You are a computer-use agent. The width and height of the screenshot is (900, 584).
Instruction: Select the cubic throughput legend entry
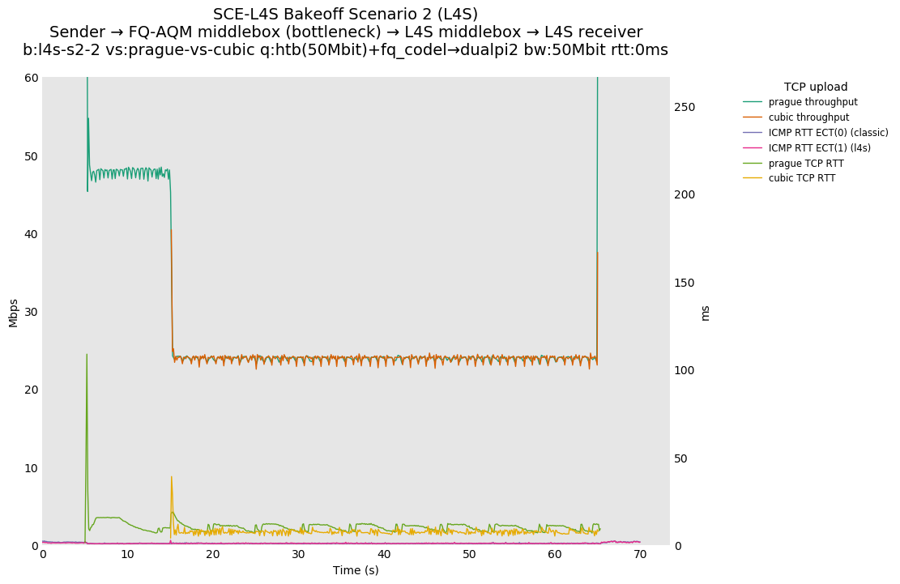coord(808,117)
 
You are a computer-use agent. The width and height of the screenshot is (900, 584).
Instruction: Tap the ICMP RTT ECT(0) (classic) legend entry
coord(828,133)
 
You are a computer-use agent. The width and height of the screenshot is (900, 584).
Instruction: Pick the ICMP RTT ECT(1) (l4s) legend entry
coord(819,148)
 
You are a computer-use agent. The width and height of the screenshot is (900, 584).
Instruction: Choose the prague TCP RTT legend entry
coord(806,164)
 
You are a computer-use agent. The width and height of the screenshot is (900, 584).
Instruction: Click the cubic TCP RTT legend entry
coord(802,178)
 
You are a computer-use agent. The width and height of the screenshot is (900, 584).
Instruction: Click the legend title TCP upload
coord(815,87)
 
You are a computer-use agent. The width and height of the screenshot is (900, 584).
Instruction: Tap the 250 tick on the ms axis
coord(685,107)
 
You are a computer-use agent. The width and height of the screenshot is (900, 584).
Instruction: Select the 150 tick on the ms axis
coord(685,283)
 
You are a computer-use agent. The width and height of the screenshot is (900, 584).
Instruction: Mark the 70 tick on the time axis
coord(640,555)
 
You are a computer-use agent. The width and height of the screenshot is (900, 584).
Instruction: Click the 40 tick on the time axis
coord(384,555)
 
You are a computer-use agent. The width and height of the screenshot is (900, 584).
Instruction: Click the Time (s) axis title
coord(356,570)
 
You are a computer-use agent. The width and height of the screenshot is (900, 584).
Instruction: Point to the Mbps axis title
coord(13,312)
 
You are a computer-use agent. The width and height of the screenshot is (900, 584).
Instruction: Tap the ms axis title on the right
coord(705,312)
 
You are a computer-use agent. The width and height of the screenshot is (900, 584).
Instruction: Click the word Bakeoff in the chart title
coord(316,15)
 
